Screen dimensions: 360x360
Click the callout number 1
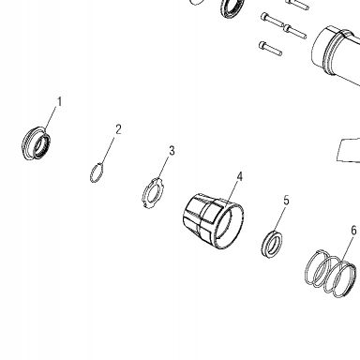tap(59, 101)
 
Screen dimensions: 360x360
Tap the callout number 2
tap(118, 129)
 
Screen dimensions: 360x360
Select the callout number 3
tap(172, 151)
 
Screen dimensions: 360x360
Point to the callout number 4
tap(239, 176)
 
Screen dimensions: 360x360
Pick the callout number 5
tap(286, 201)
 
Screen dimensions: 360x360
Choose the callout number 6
tap(353, 231)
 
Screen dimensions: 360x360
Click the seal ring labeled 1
tap(36, 143)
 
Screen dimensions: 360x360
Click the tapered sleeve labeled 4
tap(213, 221)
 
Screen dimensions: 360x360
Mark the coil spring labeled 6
tap(331, 274)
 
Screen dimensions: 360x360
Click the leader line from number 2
tap(108, 150)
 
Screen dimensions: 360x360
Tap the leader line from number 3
tap(164, 169)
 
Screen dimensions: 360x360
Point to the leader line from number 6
tap(347, 249)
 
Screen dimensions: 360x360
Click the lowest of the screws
tap(270, 49)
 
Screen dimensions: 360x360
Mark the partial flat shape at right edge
tap(349, 150)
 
